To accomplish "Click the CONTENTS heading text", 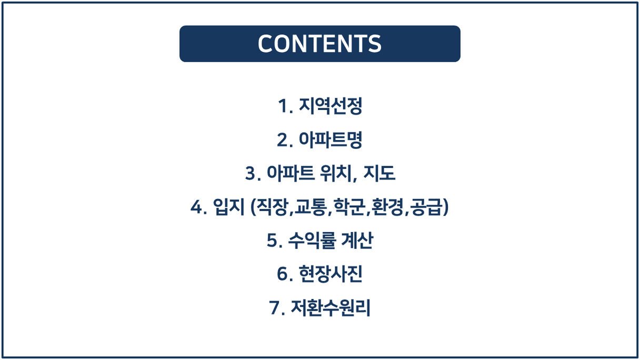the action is coord(319,44).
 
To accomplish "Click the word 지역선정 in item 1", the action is coord(331,106).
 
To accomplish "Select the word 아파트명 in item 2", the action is coord(331,140).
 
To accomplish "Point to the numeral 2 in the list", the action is coord(282,140).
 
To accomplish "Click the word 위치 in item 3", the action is coord(336,173).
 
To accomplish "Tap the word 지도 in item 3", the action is coord(379,173).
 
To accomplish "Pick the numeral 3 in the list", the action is coord(251,173).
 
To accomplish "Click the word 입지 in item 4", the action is coord(228,206).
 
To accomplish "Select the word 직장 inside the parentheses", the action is coord(272,206).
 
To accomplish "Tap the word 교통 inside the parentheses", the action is coord(311,206).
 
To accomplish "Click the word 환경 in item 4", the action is coord(388,206).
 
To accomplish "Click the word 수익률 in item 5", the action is coord(312,241).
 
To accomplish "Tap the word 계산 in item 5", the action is coord(357,241).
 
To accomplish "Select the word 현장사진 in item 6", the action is coord(331,274).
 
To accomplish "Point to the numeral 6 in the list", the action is coord(282,274).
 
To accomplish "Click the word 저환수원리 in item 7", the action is coord(331,307).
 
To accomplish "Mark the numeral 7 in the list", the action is coord(274,307).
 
